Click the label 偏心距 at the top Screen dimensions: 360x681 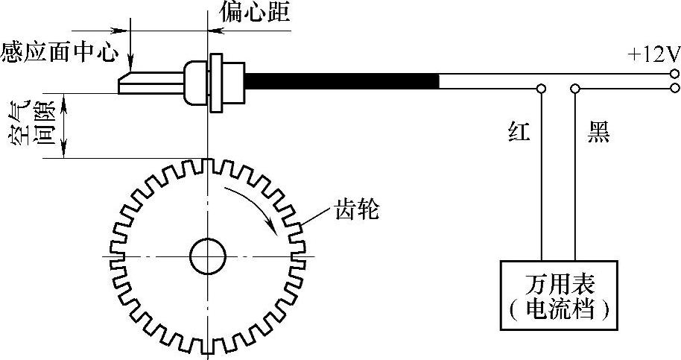pos(254,12)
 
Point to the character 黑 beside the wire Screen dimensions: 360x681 pos(598,134)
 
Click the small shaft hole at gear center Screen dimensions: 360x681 pos(207,257)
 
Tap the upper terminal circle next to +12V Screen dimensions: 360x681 pos(674,74)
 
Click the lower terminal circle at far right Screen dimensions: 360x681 pos(674,88)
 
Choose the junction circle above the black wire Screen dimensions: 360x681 pos(574,89)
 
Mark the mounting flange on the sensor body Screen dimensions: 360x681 pos(217,82)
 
